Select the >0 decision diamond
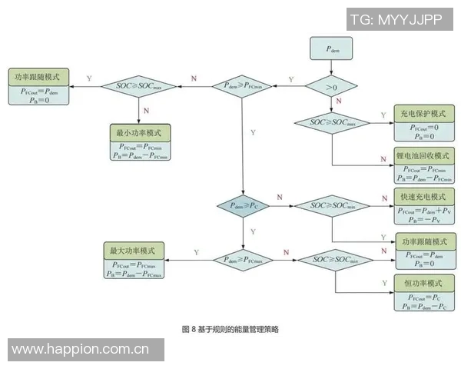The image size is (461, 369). coord(333,87)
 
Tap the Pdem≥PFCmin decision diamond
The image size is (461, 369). coord(242,85)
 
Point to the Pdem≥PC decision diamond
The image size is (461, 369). coord(242,206)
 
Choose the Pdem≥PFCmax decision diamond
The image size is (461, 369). coord(242,260)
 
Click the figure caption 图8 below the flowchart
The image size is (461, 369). coord(230,329)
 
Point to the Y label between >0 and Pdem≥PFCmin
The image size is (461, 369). coord(290,79)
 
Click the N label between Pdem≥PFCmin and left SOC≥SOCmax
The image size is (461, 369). coord(193,79)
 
